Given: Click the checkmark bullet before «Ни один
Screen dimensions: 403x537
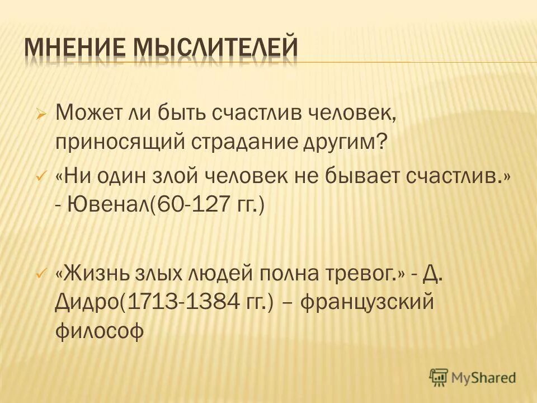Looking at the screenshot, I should click(40, 177).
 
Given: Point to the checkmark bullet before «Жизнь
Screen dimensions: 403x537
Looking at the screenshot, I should click(40, 275).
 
